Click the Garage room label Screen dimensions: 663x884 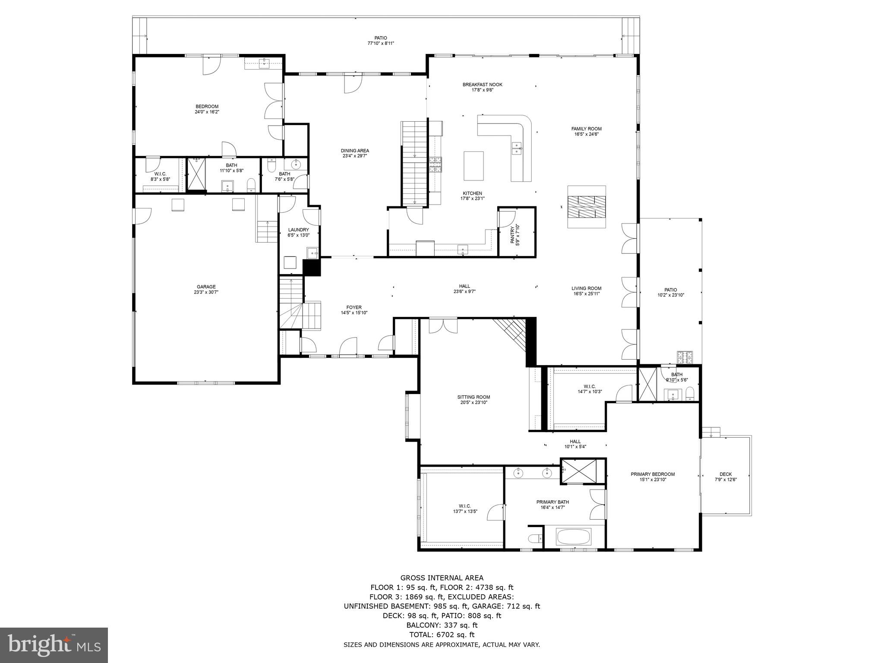pos(206,287)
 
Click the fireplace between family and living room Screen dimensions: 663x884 pos(586,207)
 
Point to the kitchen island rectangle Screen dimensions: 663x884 pos(474,166)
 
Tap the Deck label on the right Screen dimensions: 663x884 pos(726,474)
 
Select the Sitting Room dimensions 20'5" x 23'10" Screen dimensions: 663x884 pos(474,402)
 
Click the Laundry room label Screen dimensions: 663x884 pos(299,230)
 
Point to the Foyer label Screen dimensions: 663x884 pos(354,307)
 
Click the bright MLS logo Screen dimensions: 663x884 pos(54,645)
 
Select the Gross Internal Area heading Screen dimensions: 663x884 pos(442,578)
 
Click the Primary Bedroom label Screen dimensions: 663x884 pos(652,474)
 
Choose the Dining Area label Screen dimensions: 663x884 pos(355,151)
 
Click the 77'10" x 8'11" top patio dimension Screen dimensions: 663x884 pos(381,43)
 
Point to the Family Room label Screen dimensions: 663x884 pos(586,129)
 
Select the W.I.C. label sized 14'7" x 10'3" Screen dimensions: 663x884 pos(590,386)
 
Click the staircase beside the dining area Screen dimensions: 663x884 pos(414,163)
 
